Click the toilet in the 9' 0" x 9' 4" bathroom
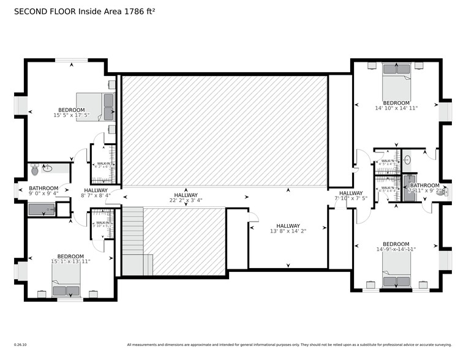point(35,168)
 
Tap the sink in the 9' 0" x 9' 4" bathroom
point(47,168)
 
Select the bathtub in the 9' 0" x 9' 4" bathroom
point(42,209)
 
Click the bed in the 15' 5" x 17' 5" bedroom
point(96,107)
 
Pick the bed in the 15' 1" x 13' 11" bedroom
point(66,280)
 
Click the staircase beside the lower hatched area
point(132,241)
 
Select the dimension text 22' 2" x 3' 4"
point(186,200)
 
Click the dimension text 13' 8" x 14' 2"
point(288,231)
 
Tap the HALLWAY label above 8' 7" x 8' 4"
point(96,190)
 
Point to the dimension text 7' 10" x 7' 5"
point(351,198)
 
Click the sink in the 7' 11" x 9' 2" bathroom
point(407,160)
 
